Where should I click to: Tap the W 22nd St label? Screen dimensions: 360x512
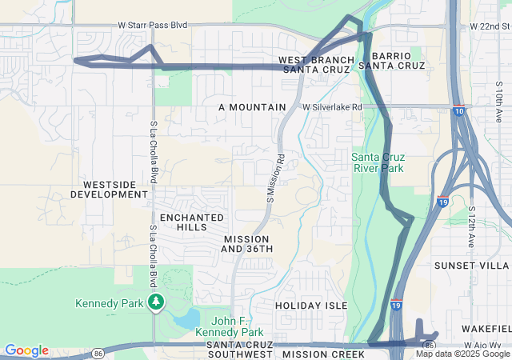(x=490, y=26)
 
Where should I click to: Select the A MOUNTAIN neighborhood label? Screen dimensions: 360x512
(x=252, y=106)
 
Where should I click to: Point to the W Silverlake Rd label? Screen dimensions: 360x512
(x=332, y=106)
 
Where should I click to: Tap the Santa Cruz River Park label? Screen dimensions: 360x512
(x=378, y=162)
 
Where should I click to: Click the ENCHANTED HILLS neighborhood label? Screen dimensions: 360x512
(x=189, y=222)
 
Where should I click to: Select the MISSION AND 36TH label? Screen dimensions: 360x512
(x=247, y=244)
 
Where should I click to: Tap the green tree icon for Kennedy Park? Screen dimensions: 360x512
(x=156, y=302)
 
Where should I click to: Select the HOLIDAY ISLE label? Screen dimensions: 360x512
(x=311, y=306)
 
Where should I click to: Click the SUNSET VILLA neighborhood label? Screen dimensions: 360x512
(x=471, y=265)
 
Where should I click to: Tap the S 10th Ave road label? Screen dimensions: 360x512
(x=498, y=104)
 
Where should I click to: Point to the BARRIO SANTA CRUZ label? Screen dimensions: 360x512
(x=391, y=60)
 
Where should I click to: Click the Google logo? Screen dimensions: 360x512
(x=26, y=350)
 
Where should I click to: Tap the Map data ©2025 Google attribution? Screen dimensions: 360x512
(x=462, y=354)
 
